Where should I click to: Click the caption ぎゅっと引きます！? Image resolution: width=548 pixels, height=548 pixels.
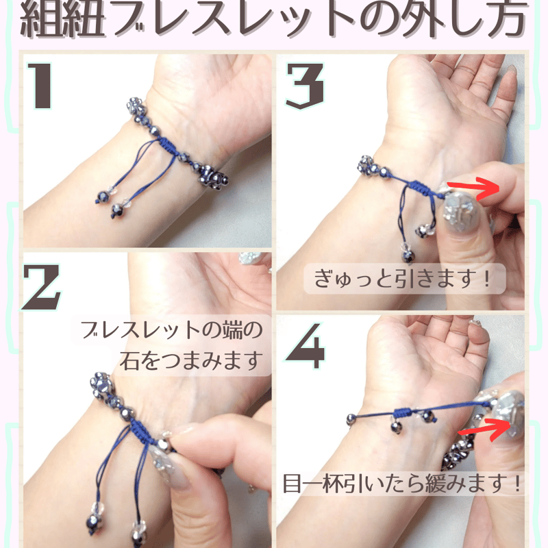tap(404, 279)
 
